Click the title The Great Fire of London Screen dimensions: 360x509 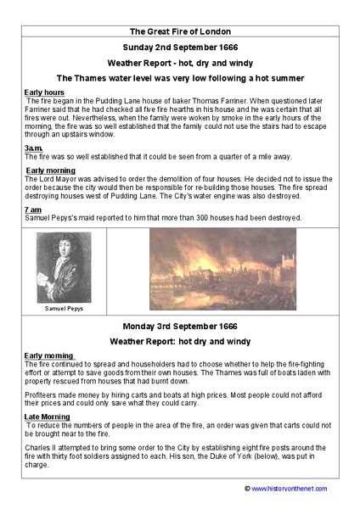(x=180, y=31)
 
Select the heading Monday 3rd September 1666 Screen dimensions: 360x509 (x=180, y=326)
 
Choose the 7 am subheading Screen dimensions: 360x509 (x=33, y=209)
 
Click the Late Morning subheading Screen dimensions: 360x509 (x=48, y=417)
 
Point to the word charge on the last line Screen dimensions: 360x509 (x=37, y=464)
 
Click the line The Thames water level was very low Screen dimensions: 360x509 (x=180, y=77)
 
